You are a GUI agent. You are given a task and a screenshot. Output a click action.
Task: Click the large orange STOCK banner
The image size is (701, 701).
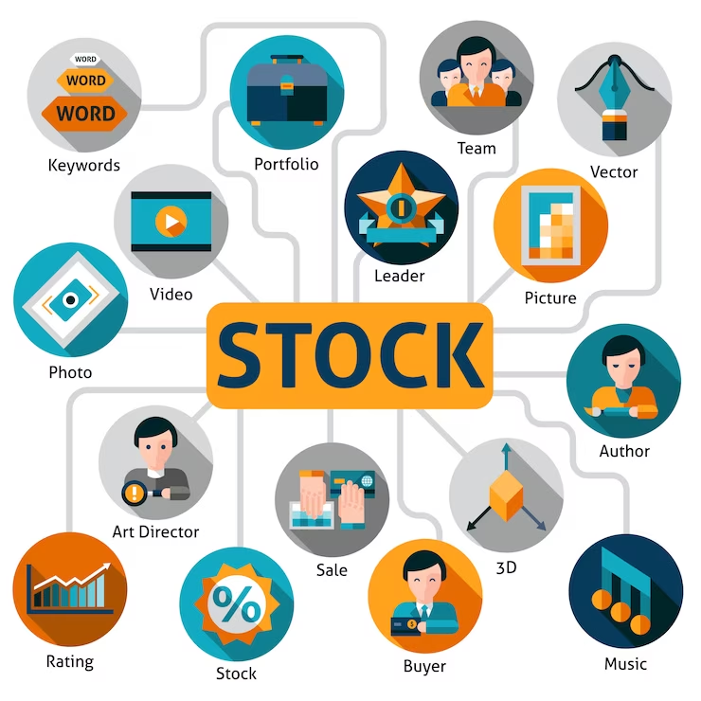(x=350, y=355)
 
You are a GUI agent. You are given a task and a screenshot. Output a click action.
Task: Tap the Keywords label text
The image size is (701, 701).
(x=84, y=165)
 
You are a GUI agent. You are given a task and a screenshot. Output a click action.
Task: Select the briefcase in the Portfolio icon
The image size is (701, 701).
(x=286, y=92)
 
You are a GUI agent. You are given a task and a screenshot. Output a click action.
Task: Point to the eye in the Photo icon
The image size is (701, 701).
(x=70, y=300)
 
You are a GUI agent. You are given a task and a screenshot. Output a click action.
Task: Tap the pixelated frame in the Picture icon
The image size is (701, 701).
(x=550, y=224)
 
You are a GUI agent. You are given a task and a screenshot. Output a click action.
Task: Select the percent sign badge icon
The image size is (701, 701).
(x=236, y=604)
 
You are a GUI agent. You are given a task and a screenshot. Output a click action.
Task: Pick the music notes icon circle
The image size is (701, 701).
(x=625, y=591)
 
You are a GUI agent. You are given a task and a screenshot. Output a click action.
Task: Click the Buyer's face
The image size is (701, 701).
(x=419, y=571)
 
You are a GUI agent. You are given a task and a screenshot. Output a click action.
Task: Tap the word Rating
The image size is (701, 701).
(x=70, y=660)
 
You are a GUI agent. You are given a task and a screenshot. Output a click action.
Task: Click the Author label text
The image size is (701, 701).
(x=624, y=451)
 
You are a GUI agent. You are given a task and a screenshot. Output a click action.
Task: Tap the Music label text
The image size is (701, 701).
(x=625, y=663)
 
